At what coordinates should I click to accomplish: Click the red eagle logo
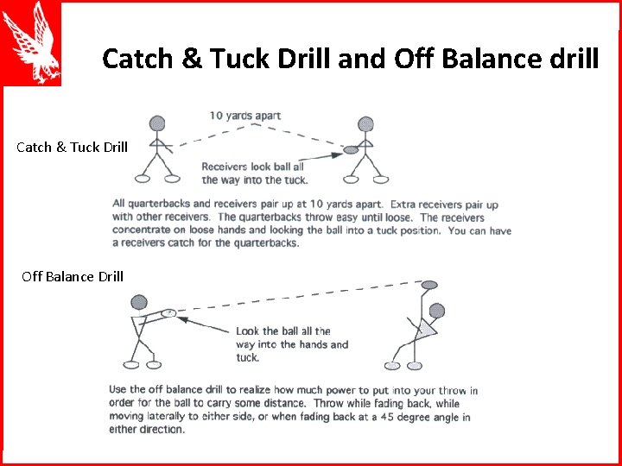(31, 43)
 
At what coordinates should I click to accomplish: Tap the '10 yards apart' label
(244, 116)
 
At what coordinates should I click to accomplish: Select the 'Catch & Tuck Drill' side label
(72, 147)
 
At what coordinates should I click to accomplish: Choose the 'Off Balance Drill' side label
(73, 277)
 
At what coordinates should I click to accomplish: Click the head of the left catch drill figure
(155, 123)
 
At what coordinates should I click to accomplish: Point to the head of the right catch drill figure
(365, 125)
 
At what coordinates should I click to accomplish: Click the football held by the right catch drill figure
(351, 150)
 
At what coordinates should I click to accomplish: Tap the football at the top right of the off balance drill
(429, 284)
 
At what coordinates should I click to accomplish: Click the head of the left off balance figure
(138, 302)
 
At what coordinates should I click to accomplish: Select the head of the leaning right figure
(437, 311)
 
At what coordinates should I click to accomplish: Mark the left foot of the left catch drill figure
(143, 179)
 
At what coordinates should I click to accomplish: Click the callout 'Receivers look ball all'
(252, 167)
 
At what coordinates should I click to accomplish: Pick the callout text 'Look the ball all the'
(282, 331)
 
